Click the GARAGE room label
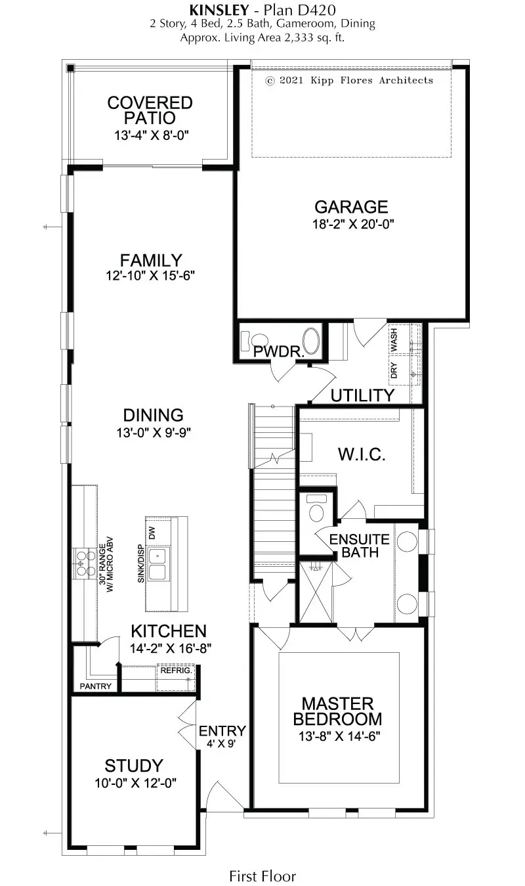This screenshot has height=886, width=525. pyautogui.click(x=350, y=207)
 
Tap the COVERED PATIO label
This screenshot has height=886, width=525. pyautogui.click(x=150, y=110)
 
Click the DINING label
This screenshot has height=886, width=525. pyautogui.click(x=153, y=415)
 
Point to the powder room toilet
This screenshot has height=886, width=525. pyautogui.click(x=247, y=342)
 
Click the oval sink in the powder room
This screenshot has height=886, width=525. pyautogui.click(x=313, y=342)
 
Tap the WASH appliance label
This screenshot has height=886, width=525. pyautogui.click(x=394, y=341)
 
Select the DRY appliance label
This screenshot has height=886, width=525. pyautogui.click(x=394, y=370)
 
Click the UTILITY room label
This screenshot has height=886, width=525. pyautogui.click(x=362, y=395)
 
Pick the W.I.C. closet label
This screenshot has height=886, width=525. pyautogui.click(x=360, y=454)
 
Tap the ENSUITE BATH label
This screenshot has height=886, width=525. pyautogui.click(x=359, y=546)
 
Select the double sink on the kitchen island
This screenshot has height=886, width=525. pyautogui.click(x=157, y=564)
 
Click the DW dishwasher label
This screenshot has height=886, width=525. pyautogui.click(x=152, y=533)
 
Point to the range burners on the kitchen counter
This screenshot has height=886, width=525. pyautogui.click(x=85, y=562)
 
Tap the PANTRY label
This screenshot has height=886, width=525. pyautogui.click(x=96, y=686)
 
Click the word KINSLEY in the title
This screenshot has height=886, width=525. pyautogui.click(x=218, y=10)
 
